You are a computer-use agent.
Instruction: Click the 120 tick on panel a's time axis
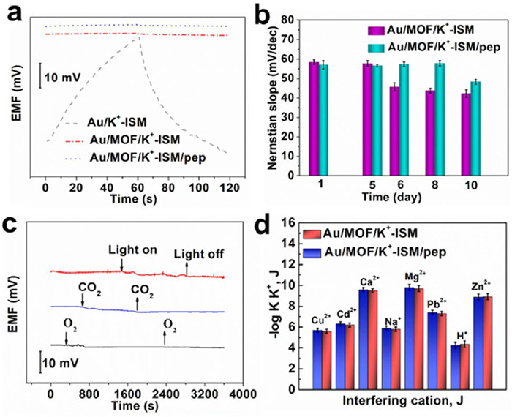click(x=227, y=179)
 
